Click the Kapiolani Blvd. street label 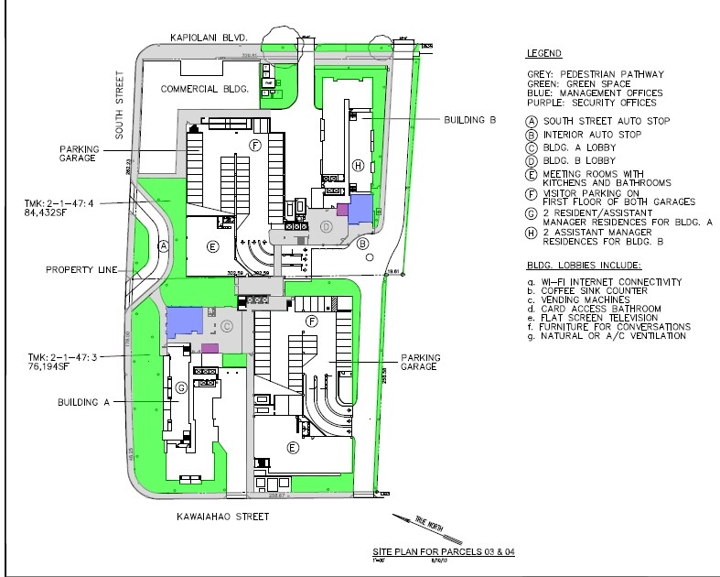[210, 37]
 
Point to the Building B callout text [470, 119]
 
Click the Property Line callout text [81, 270]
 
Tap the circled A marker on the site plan [162, 245]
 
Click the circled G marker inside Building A [182, 389]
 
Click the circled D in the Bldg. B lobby [326, 226]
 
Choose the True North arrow [409, 526]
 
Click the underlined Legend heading [544, 54]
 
